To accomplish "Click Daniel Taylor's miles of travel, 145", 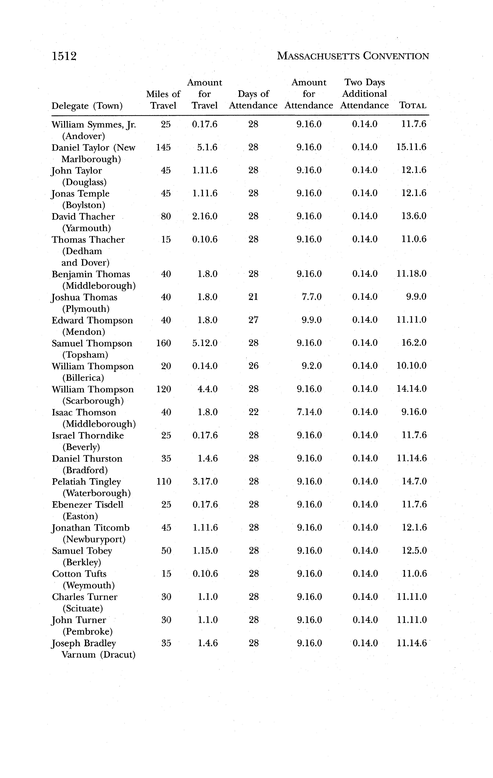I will pyautogui.click(x=163, y=147).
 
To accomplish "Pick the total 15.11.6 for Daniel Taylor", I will pyautogui.click(x=411, y=147).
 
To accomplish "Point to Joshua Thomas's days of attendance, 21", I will pyautogui.click(x=253, y=297).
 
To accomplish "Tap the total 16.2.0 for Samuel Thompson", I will pyautogui.click(x=414, y=343).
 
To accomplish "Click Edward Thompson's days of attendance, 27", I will pyautogui.click(x=253, y=320).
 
